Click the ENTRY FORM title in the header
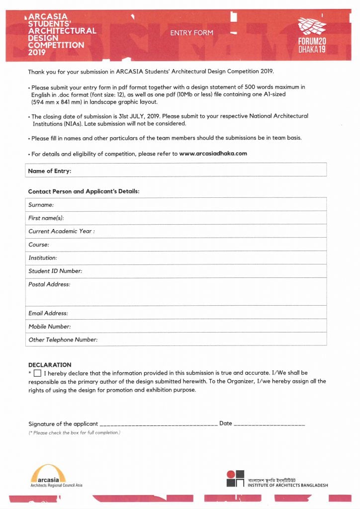(x=191, y=33)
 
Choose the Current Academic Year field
(x=209, y=231)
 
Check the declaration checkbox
(x=38, y=373)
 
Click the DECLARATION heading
(x=50, y=364)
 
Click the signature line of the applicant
(x=159, y=424)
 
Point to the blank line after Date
(x=269, y=424)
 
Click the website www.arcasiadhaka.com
(x=213, y=154)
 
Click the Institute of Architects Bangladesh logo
(x=236, y=478)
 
